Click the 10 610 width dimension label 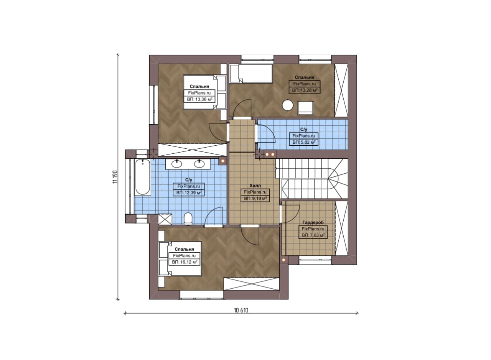pos(241,310)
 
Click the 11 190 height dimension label pos(115,177)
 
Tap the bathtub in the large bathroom pos(142,177)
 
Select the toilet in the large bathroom pos(188,219)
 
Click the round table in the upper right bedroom pos(288,105)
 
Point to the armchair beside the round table pos(306,108)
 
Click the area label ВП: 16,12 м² pos(185,262)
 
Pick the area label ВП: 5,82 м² pos(304,142)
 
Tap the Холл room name pos(255,186)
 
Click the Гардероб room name pos(313,222)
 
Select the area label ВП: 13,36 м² pos(199,99)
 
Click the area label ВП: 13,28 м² pos(305,90)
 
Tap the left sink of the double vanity pos(177,164)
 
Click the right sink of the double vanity pos(199,164)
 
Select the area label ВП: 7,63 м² pos(313,235)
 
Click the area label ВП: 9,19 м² pos(255,199)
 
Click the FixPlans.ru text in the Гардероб pos(313,229)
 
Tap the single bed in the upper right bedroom pos(251,73)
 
